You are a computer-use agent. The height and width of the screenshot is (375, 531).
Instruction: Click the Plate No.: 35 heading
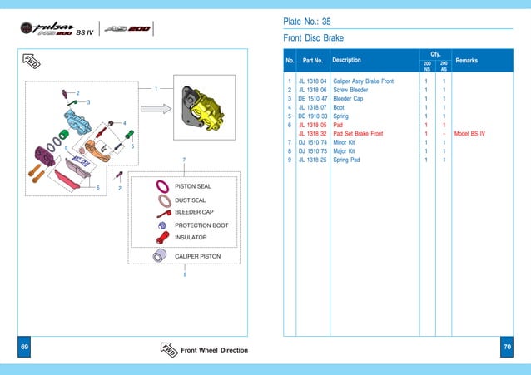(x=309, y=21)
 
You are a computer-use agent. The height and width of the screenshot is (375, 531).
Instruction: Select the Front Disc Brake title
(x=314, y=38)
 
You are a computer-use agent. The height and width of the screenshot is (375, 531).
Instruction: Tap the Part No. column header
(x=313, y=60)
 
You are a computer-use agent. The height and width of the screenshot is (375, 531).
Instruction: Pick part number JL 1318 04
(x=312, y=81)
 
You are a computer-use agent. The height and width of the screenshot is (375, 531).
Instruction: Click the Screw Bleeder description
(x=350, y=90)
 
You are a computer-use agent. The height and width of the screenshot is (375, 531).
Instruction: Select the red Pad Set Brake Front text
(x=358, y=133)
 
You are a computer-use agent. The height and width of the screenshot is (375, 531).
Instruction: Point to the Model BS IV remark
(x=470, y=133)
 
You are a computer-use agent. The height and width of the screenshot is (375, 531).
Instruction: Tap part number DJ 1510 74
(x=312, y=142)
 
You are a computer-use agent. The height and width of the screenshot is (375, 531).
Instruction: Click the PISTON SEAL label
(x=193, y=186)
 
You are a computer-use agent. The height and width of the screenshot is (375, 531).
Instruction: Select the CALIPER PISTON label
(x=197, y=256)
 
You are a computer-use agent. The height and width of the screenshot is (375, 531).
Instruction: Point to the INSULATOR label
(x=191, y=238)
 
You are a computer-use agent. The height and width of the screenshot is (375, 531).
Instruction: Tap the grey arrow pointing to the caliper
(x=156, y=108)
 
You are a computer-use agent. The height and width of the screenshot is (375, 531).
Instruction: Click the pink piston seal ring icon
(x=163, y=186)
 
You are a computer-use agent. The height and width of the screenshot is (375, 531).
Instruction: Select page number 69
(x=25, y=346)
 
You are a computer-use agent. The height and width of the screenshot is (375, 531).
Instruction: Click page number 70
(x=507, y=346)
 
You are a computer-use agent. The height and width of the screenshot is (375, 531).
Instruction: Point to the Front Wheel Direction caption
(x=214, y=350)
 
